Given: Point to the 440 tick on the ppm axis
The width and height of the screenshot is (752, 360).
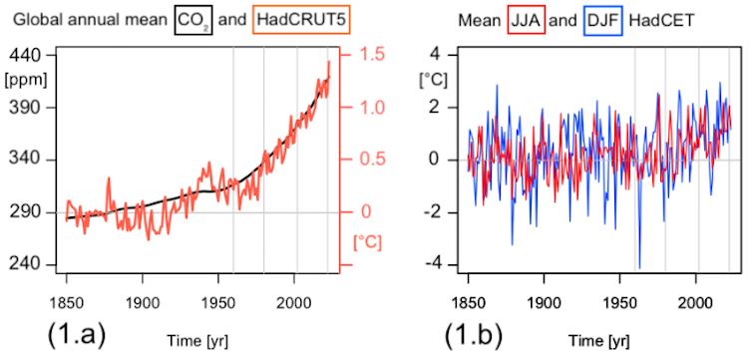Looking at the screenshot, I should pos(24,56).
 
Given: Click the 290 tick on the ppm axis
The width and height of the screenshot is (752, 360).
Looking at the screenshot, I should pos(24,211).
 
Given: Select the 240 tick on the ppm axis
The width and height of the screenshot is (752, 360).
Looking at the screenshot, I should pos(24,264).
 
